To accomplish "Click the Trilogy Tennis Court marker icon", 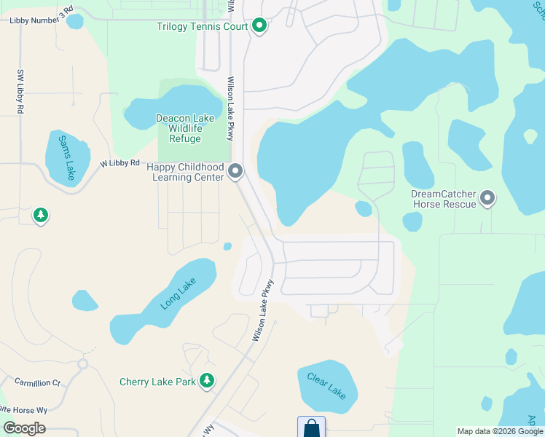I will tap(259, 27).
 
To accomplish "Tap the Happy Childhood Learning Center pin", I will tap(235, 172).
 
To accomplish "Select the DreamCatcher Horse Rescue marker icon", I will tap(487, 197).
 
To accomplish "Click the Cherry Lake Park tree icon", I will tap(208, 381).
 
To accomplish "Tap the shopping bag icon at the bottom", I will tap(311, 427).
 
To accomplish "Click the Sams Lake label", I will tap(66, 157).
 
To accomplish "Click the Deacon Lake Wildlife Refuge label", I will tap(185, 128).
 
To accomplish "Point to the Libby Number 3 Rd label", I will tap(42, 20).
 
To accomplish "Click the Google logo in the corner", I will tap(24, 428).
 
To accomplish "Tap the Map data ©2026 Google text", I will tap(499, 431).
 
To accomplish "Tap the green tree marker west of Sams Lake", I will tap(42, 216).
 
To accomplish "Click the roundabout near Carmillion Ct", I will tap(82, 363).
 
